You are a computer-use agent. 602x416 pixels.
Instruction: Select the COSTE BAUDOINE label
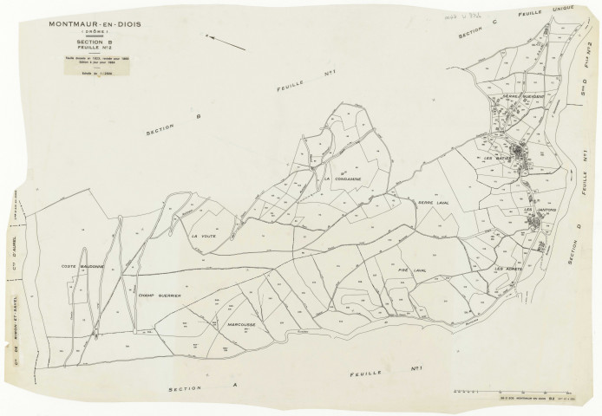82,267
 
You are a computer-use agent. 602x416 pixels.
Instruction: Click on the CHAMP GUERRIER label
159,296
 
